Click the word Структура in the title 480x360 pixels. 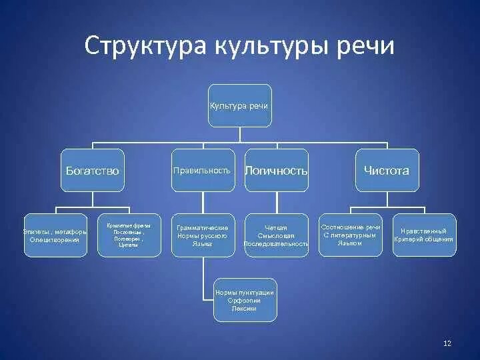coord(145,46)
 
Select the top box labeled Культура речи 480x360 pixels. coord(239,105)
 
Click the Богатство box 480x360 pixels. coord(92,170)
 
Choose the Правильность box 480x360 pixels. coord(201,170)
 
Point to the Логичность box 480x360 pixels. coord(276,171)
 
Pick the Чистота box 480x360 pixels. coord(386,170)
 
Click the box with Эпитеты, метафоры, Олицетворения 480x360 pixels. coord(55,235)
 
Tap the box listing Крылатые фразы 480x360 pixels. coord(128,235)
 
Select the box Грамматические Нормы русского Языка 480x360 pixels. coord(202,235)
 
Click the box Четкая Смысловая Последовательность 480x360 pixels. coord(276,235)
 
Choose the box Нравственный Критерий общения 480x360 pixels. coord(424,235)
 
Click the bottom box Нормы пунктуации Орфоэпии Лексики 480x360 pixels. coord(245,300)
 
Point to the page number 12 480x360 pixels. coord(447,343)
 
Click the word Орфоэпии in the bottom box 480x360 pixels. coord(245,301)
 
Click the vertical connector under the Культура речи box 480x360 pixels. coord(239,134)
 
